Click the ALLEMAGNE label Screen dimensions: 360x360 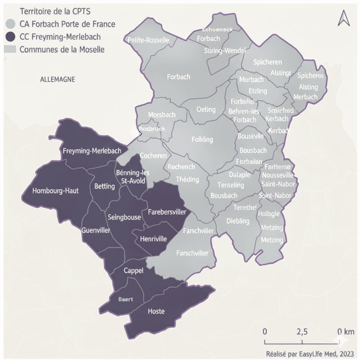(57, 79)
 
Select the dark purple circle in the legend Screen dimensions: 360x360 (11, 37)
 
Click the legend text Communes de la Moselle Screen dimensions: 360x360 (62, 49)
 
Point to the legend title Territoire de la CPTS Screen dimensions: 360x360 (50, 11)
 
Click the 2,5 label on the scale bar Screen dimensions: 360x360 (302, 332)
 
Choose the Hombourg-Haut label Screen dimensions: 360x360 (55, 191)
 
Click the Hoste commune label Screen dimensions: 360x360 (156, 311)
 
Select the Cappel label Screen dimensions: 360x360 (133, 271)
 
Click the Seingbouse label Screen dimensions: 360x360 (124, 217)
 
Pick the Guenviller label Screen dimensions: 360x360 (96, 231)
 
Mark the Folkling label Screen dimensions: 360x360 (202, 140)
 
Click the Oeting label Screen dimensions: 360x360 (206, 109)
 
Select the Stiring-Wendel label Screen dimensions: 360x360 (224, 51)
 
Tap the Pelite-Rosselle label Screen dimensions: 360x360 (148, 40)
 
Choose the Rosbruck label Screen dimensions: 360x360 (152, 129)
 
